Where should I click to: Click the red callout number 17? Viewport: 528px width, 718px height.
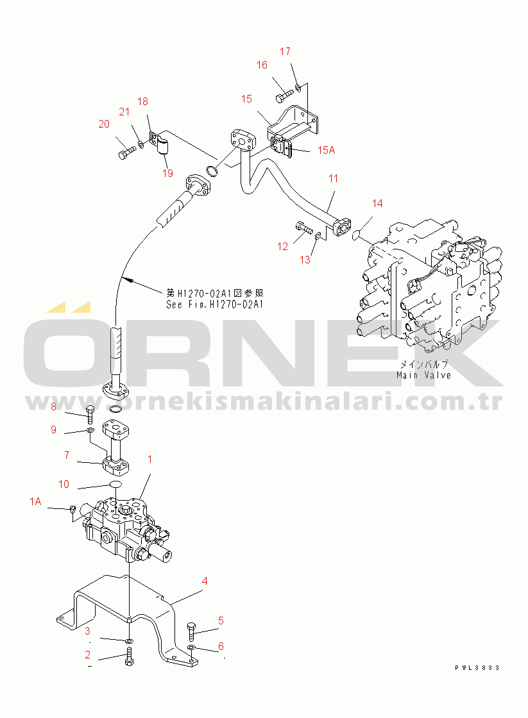tap(285, 51)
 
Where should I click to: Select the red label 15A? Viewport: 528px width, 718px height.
tap(326, 150)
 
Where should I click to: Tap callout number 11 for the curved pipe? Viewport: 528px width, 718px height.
tap(333, 179)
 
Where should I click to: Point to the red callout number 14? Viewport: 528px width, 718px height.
tap(377, 203)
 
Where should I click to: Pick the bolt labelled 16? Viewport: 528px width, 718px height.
tap(284, 96)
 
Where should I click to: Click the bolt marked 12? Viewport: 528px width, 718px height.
tap(303, 227)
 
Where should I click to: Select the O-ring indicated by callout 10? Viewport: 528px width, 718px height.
tap(116, 485)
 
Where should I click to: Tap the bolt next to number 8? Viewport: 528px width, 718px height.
tap(90, 414)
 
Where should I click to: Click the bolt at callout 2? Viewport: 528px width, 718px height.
tap(129, 656)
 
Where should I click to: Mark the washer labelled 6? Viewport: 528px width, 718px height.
tap(192, 647)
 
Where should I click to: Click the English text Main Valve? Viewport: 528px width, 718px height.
tap(424, 376)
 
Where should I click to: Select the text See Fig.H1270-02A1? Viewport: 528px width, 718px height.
tap(214, 305)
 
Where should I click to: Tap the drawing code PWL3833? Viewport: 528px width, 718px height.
tap(477, 668)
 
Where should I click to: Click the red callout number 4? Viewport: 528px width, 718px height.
tap(205, 581)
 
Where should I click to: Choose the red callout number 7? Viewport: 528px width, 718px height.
tap(67, 455)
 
